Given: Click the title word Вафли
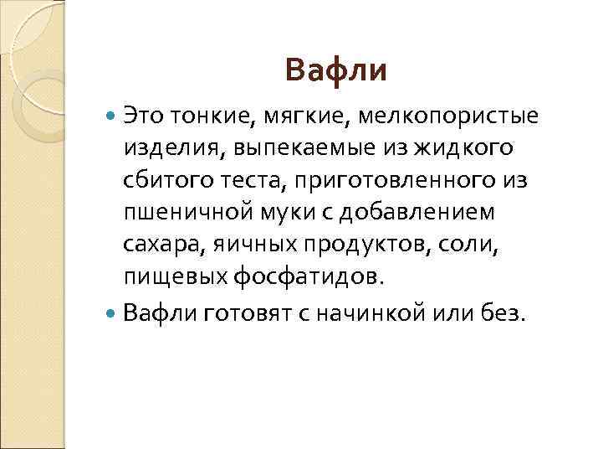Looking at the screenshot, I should point(335,70).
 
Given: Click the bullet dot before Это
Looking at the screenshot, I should point(114,114).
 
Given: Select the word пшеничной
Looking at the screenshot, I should point(188,214).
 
